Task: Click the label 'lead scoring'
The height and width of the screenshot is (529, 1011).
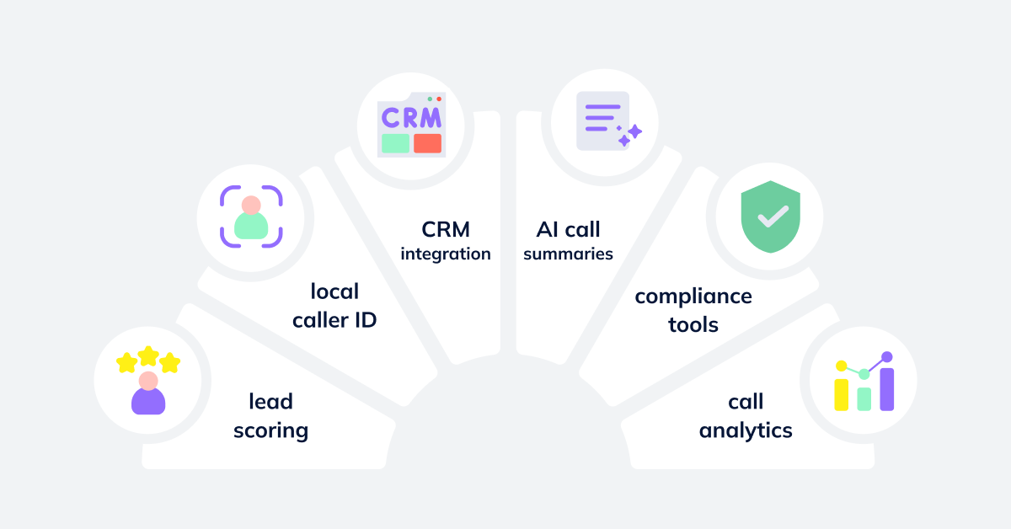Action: click(270, 416)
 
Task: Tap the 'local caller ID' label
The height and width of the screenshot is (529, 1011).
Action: click(334, 306)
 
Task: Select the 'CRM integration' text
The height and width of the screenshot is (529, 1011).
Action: click(446, 241)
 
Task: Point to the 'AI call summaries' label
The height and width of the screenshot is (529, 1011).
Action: click(568, 241)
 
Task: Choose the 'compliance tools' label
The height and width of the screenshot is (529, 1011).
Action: click(693, 309)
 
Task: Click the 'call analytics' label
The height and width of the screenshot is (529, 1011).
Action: click(746, 416)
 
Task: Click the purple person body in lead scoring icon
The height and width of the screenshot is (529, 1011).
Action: click(148, 401)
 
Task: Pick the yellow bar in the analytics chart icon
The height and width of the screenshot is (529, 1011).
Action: click(841, 393)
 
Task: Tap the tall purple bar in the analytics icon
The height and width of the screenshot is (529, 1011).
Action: click(886, 388)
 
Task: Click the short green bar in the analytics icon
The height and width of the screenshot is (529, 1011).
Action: click(864, 398)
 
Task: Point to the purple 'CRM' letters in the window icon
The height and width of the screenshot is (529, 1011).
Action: click(411, 118)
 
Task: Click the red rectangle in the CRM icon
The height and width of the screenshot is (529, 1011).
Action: click(427, 143)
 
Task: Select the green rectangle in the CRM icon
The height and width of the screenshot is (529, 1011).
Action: click(395, 143)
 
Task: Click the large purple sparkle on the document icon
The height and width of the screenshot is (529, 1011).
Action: click(634, 131)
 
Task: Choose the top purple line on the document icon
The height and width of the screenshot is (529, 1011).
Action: click(602, 107)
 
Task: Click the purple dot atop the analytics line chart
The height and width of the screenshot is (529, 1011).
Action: click(886, 357)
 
